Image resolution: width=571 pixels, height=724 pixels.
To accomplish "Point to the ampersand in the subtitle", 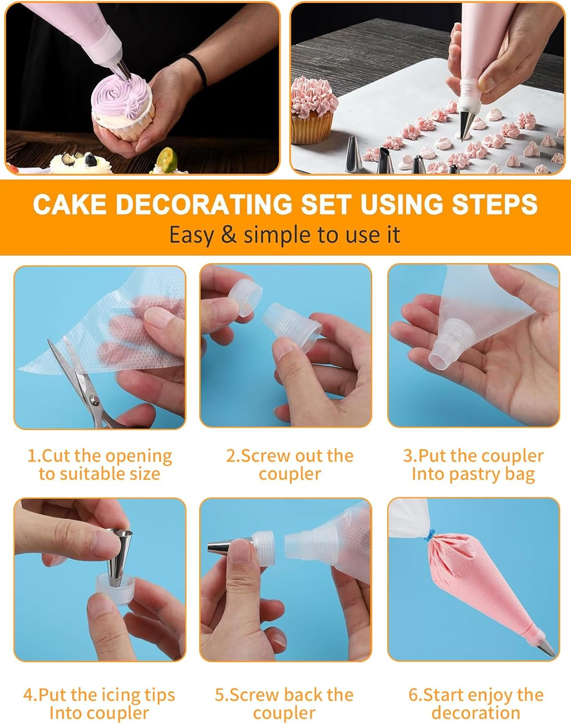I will click(x=229, y=235).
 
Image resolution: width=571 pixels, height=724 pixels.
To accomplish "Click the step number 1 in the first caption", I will click(x=32, y=456).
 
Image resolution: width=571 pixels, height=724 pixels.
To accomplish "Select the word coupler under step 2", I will click(x=289, y=474).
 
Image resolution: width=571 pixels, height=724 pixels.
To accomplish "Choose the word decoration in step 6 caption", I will click(x=476, y=713).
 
